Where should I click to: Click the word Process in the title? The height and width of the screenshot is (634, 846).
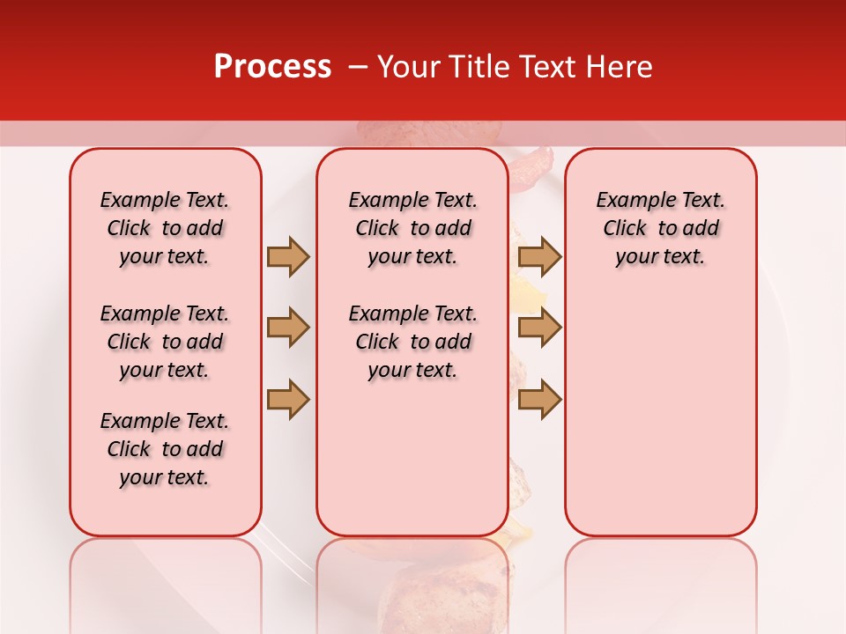(271, 67)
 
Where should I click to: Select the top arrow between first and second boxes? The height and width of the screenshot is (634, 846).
(288, 256)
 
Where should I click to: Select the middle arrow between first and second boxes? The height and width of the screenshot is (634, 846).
(288, 328)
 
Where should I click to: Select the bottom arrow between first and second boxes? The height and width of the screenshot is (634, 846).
(288, 399)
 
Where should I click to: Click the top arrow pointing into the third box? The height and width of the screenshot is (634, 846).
(539, 256)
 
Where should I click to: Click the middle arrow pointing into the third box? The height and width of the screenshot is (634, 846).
(539, 328)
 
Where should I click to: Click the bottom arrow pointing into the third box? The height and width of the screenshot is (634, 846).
(539, 399)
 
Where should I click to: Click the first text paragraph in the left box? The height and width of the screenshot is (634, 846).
(165, 228)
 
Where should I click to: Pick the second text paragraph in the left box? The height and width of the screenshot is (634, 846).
(165, 342)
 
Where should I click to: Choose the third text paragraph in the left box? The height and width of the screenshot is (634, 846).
(165, 449)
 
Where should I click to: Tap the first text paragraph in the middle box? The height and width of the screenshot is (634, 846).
(412, 228)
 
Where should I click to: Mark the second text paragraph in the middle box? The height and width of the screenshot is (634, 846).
(412, 342)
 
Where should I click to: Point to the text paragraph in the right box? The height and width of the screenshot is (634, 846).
(660, 228)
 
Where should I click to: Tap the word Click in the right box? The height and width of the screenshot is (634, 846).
(625, 228)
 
